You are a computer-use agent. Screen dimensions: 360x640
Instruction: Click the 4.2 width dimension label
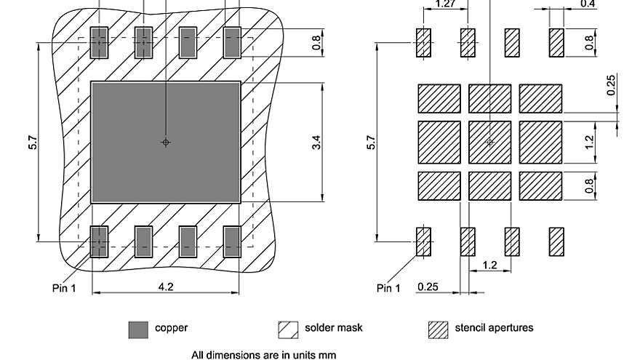166,287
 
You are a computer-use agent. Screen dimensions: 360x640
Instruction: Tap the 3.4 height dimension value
316,142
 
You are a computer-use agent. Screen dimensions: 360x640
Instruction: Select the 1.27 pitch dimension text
445,4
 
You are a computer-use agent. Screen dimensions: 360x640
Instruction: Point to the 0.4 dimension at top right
588,4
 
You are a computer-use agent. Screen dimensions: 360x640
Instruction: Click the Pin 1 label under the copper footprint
63,288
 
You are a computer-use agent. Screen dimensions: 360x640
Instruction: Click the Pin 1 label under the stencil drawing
388,288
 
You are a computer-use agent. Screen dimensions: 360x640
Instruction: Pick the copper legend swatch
138,329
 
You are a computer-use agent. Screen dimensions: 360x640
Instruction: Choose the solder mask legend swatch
288,329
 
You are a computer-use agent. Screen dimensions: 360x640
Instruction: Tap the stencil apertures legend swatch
438,329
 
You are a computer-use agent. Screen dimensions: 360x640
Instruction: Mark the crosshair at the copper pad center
166,142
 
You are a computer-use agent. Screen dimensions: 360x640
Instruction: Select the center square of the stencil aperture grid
489,142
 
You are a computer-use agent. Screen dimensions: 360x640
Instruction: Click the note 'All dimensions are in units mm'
264,356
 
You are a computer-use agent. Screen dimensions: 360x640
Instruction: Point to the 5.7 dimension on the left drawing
32,142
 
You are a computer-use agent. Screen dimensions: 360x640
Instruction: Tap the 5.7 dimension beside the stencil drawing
372,142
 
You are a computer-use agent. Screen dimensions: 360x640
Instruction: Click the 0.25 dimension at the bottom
428,287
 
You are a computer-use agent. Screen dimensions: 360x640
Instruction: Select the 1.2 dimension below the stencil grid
489,265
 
